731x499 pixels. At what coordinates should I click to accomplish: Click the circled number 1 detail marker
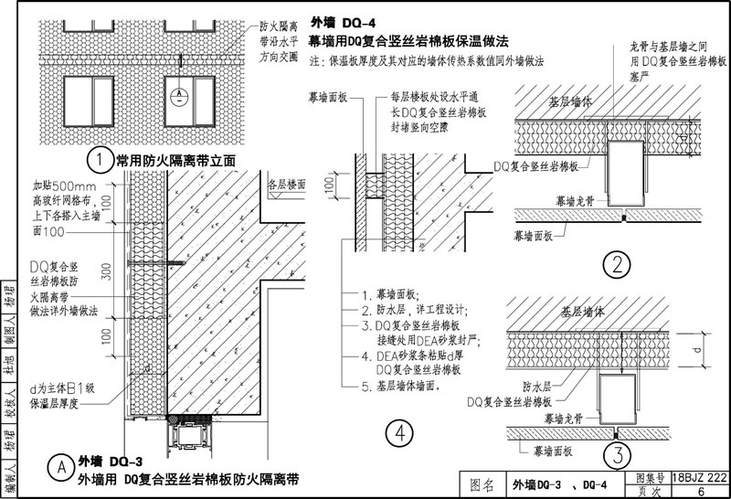coord(98,161)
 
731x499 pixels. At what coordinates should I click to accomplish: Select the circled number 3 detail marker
coord(618,452)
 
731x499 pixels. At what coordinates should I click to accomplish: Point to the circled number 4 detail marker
coord(396,434)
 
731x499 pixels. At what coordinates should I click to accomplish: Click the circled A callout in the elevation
coord(182,93)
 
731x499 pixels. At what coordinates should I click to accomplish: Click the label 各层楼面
coord(286,184)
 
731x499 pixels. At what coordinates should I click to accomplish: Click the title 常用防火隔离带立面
coord(175,161)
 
